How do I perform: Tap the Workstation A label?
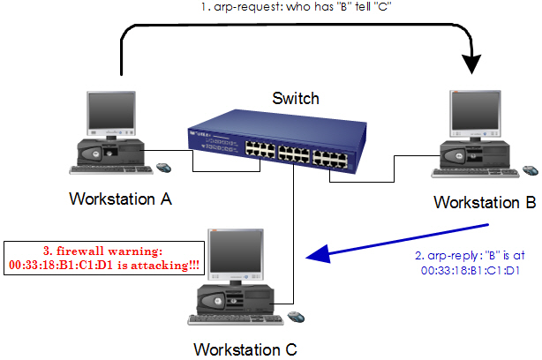pyautogui.click(x=120, y=199)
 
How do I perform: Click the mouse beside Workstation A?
pyautogui.click(x=163, y=167)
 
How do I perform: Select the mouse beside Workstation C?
pyautogui.click(x=296, y=315)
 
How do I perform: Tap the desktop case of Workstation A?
pyautogui.click(x=108, y=154)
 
